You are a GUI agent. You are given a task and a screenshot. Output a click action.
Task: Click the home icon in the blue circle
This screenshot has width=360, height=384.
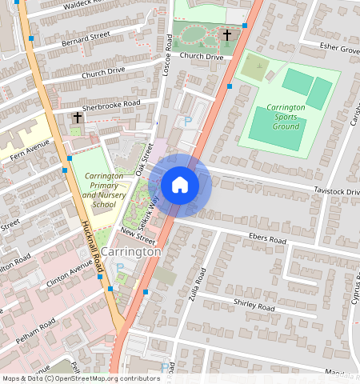tap(180, 185)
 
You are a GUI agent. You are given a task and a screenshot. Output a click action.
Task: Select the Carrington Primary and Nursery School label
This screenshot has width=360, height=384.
tap(103, 190)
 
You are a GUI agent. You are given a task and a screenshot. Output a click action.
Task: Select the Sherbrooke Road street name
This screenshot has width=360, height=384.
tap(110, 106)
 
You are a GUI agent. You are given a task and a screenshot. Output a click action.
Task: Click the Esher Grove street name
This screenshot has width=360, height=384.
tap(339, 49)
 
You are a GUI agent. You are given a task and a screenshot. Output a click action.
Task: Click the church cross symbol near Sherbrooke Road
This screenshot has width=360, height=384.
tap(77, 118)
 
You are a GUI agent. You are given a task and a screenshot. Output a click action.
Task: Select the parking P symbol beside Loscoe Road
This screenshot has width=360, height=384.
tap(188, 122)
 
